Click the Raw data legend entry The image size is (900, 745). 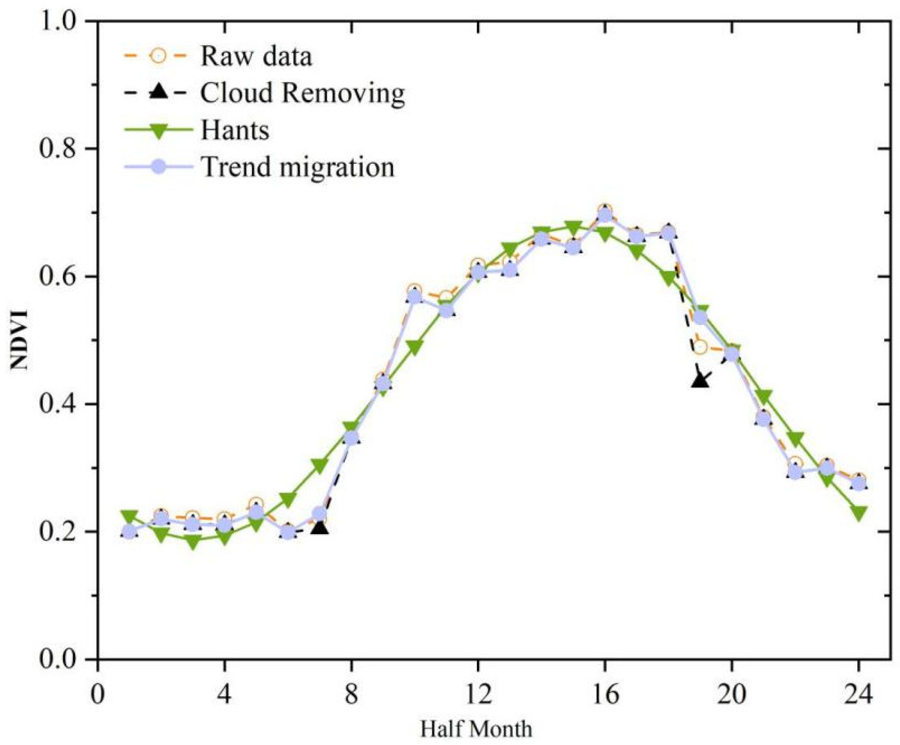click(x=256, y=56)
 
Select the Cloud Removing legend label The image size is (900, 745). click(x=302, y=93)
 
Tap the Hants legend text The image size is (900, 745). click(x=234, y=130)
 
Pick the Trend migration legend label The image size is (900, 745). click(x=297, y=167)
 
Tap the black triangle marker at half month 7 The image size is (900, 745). click(x=320, y=528)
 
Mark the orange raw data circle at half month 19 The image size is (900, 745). click(x=700, y=348)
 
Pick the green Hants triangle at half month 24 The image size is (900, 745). click(x=859, y=514)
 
